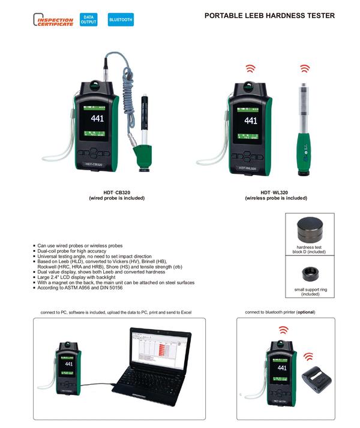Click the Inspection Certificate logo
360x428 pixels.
coord(55,20)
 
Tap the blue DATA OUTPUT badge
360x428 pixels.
coord(89,19)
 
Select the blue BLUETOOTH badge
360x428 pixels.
coord(121,20)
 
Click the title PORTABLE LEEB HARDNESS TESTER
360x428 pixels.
coord(269,16)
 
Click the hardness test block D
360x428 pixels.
coord(311,230)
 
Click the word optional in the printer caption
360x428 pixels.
coord(304,312)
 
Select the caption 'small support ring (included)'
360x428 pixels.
coord(311,291)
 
